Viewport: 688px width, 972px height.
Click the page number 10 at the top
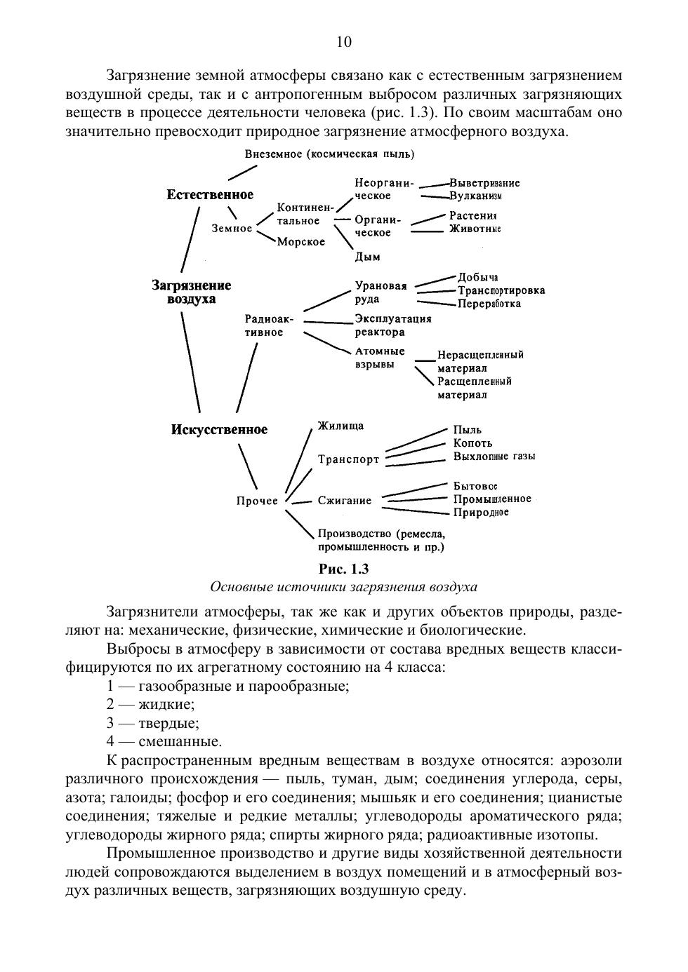(x=344, y=42)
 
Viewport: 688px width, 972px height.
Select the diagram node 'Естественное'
(x=210, y=194)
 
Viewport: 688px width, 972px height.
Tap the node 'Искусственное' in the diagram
(x=219, y=429)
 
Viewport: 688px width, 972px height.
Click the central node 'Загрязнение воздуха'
(x=192, y=292)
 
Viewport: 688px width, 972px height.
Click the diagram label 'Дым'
(x=367, y=257)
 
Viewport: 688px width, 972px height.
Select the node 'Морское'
(x=300, y=242)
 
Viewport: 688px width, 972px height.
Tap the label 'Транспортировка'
(x=501, y=290)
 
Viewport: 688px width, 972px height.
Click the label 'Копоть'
(x=472, y=443)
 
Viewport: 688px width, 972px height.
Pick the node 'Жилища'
(x=340, y=426)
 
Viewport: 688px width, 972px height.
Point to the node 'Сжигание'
(x=344, y=501)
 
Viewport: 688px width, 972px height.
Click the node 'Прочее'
(x=257, y=501)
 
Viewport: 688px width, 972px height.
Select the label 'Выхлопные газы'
(x=494, y=456)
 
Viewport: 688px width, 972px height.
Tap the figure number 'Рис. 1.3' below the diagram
(x=343, y=569)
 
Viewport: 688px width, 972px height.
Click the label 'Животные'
(x=475, y=229)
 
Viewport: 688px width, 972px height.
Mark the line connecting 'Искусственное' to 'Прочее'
(x=248, y=465)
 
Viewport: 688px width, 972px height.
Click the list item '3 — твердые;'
(x=152, y=723)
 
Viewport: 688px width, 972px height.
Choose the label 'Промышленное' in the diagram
(x=491, y=499)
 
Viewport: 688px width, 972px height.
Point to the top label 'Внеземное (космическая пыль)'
(x=329, y=154)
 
